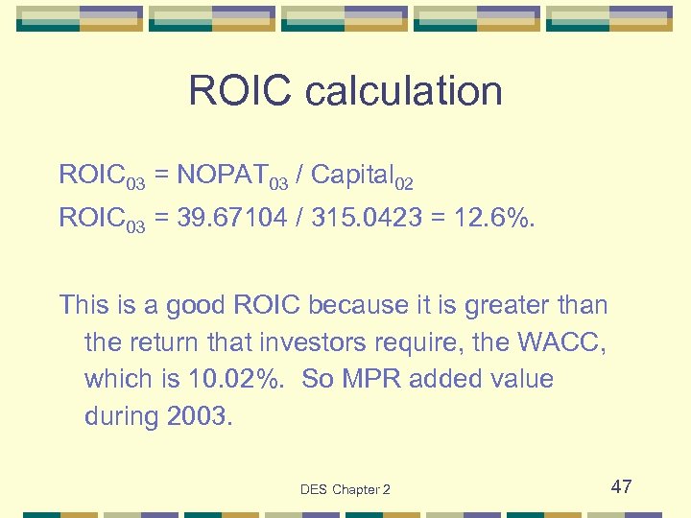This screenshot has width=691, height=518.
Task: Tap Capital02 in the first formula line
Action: pos(362,177)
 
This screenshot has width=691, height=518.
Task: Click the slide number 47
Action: pos(621,486)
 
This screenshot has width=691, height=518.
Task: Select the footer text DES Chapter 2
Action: pos(345,489)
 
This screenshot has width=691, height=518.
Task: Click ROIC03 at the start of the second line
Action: pos(102,220)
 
